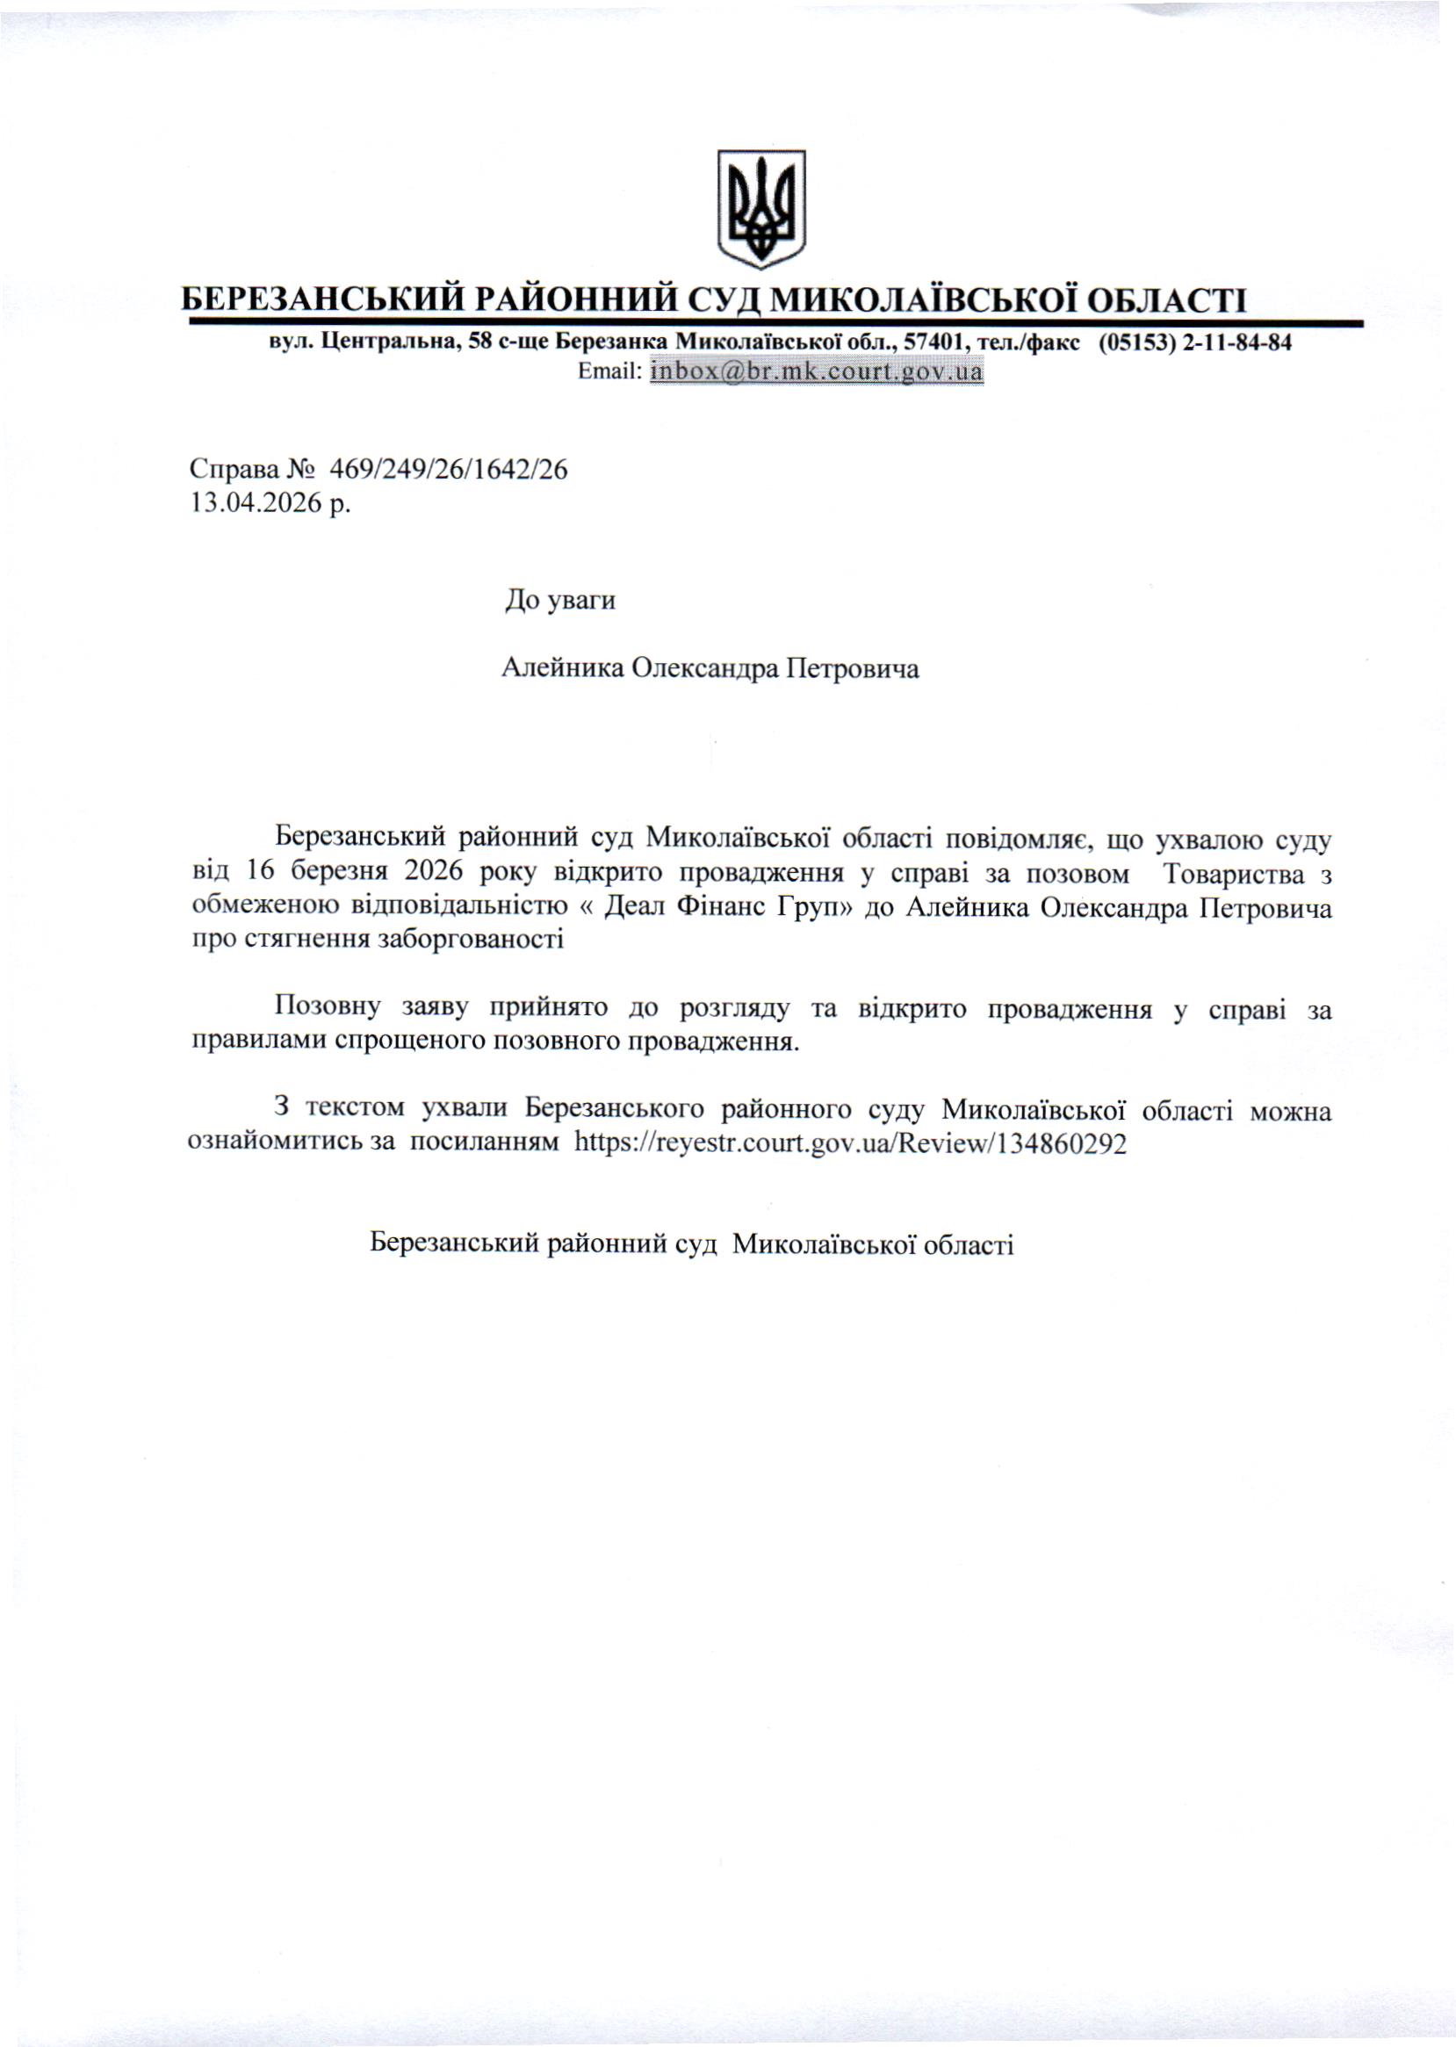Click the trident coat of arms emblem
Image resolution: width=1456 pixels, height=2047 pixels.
[x=760, y=208]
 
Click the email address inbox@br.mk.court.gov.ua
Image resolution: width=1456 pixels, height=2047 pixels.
[x=817, y=371]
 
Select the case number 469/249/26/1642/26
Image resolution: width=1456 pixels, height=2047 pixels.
[x=449, y=470]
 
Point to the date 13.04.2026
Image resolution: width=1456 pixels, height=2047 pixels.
[x=256, y=503]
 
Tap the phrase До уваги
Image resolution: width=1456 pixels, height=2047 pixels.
[x=560, y=600]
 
